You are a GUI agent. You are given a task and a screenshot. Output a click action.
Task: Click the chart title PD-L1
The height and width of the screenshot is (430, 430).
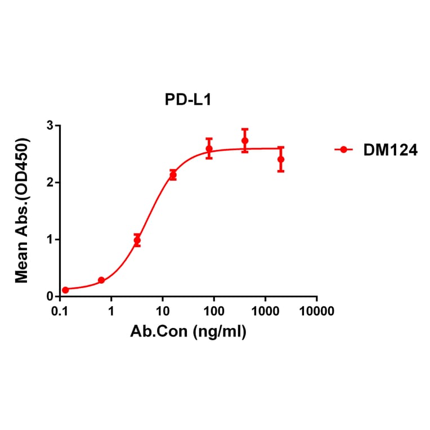(187, 100)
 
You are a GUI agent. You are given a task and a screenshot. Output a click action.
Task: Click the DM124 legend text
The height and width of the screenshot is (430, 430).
(387, 150)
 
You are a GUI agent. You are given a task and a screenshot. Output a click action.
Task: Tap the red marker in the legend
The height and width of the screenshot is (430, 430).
(343, 150)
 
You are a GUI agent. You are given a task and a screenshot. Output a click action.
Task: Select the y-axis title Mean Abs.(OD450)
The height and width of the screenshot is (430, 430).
(23, 211)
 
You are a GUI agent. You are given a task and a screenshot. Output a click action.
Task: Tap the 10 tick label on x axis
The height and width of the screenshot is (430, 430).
(163, 311)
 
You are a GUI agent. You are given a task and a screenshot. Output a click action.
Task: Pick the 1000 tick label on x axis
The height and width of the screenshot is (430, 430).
(265, 311)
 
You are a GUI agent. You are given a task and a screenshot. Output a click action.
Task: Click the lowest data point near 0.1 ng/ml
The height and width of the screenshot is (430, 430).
(65, 290)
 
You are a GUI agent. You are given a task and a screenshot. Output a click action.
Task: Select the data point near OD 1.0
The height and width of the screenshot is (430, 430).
(137, 240)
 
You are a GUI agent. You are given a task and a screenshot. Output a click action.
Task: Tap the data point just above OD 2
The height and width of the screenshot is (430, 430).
(173, 176)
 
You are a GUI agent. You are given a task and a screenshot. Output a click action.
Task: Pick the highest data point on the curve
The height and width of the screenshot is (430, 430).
(245, 141)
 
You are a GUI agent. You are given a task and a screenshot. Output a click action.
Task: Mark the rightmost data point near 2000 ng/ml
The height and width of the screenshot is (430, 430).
(281, 159)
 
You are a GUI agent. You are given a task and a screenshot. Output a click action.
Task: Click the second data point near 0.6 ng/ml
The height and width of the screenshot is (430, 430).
(101, 280)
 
